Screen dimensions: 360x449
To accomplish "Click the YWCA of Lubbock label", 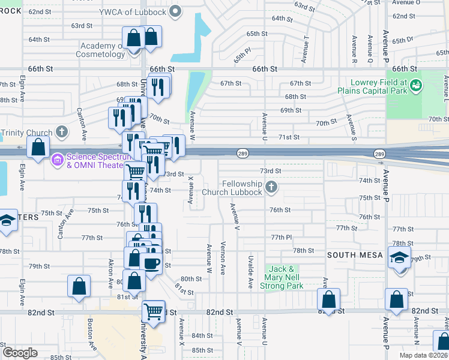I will pyautogui.click(x=133, y=11).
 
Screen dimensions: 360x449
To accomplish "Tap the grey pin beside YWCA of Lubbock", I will pyautogui.click(x=175, y=11).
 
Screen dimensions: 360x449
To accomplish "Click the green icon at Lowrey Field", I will pyautogui.click(x=414, y=88).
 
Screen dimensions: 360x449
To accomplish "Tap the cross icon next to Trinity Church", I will pyautogui.click(x=61, y=132).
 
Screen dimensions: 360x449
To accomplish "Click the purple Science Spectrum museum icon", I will pyautogui.click(x=58, y=160).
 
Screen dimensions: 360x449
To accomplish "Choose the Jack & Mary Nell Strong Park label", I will pyautogui.click(x=281, y=278).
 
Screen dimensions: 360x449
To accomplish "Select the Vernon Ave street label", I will pyautogui.click(x=223, y=258).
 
